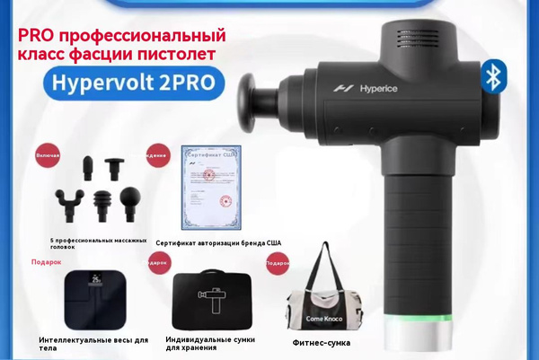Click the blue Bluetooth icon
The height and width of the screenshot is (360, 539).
[491, 77]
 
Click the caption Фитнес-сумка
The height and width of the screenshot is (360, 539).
[322, 343]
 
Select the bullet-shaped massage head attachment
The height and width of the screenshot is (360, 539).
[88, 169]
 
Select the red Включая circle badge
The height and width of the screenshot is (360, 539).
[47, 155]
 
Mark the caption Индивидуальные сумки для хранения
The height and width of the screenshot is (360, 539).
[210, 343]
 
